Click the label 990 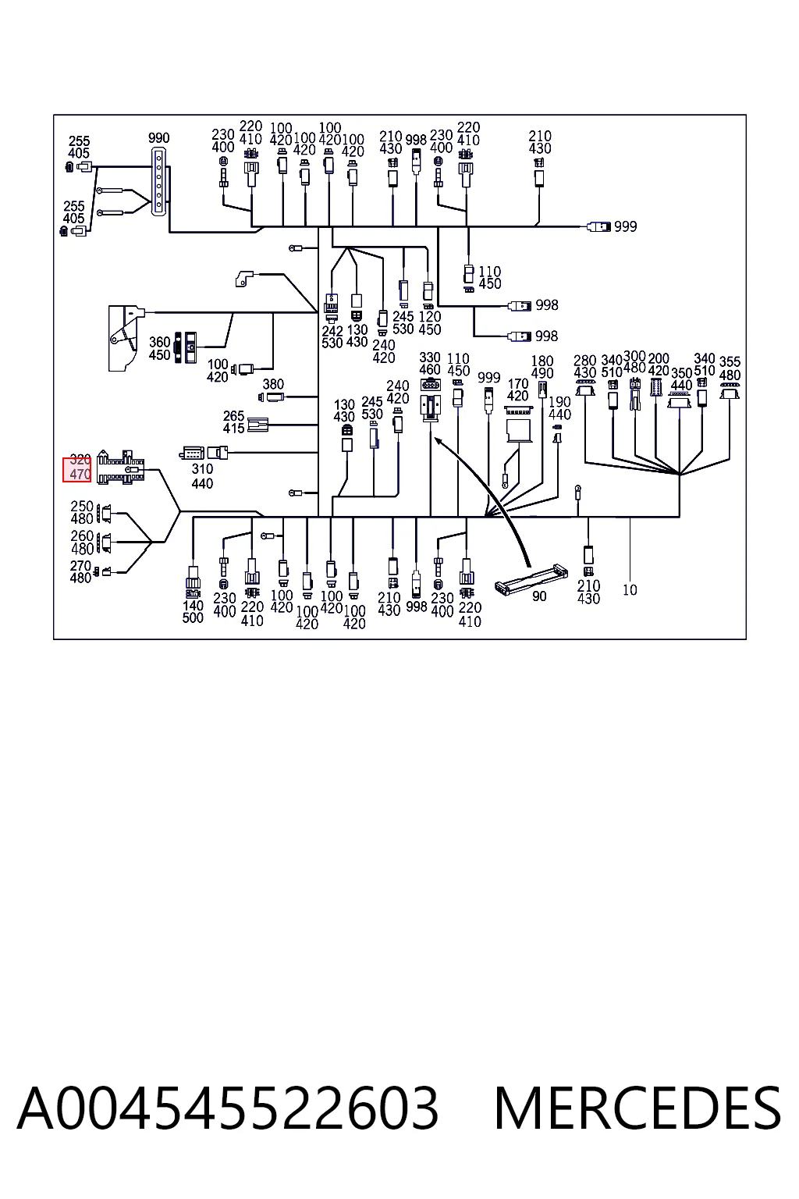click(159, 137)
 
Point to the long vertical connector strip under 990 click(158, 183)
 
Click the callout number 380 click(273, 384)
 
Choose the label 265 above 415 click(234, 415)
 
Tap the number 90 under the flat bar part click(539, 596)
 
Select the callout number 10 click(630, 590)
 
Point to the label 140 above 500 click(194, 606)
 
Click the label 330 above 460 click(430, 357)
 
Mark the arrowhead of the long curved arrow click(435, 439)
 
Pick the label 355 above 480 click(730, 362)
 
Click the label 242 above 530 click(332, 331)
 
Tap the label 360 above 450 click(159, 341)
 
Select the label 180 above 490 click(542, 361)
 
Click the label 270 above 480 click(81, 565)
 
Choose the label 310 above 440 click(202, 469)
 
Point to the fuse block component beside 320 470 click(120, 468)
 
